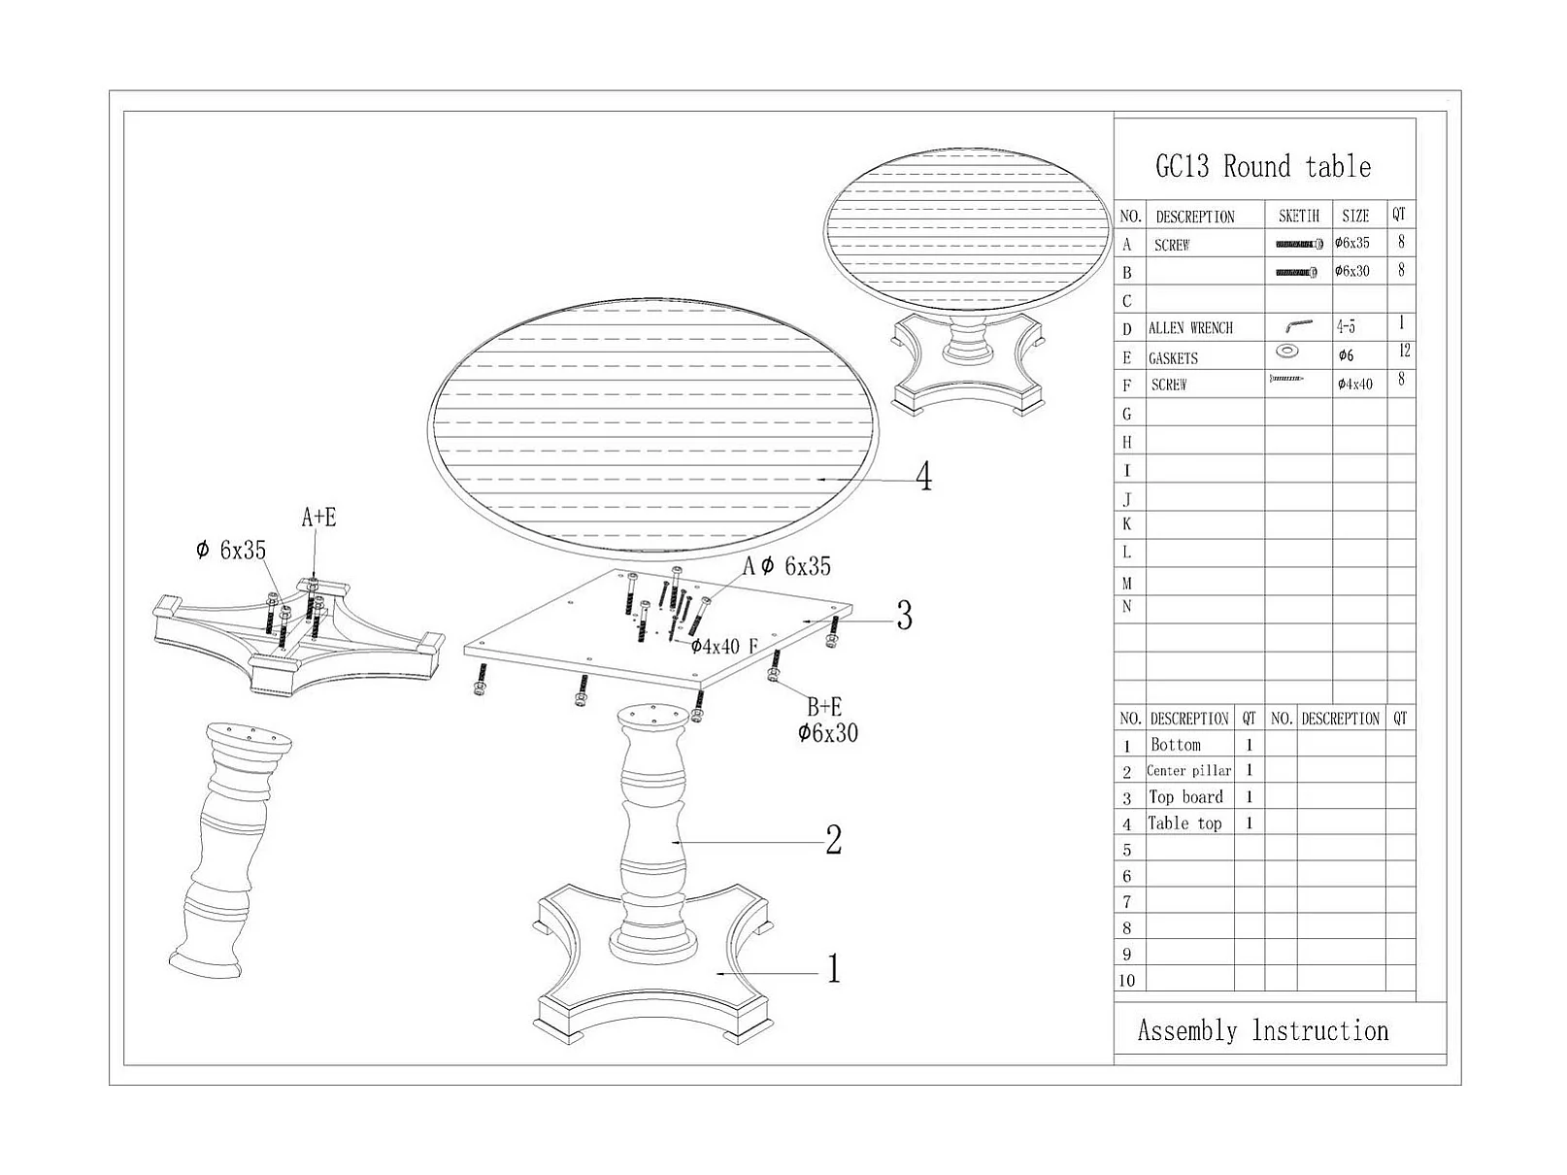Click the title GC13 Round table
1262,166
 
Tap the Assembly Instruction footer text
1262,1030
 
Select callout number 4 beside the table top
923,476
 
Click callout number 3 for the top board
904,616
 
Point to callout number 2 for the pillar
833,840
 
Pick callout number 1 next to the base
833,968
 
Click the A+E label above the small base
318,518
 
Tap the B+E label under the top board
824,707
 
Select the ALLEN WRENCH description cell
1190,328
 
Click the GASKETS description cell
1173,358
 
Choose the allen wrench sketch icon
1298,326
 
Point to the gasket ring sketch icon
1287,351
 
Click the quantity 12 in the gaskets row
1404,352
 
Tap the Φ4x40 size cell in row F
1355,385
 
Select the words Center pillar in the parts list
1188,771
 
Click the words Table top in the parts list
1184,823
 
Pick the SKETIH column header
1298,216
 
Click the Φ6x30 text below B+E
828,733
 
